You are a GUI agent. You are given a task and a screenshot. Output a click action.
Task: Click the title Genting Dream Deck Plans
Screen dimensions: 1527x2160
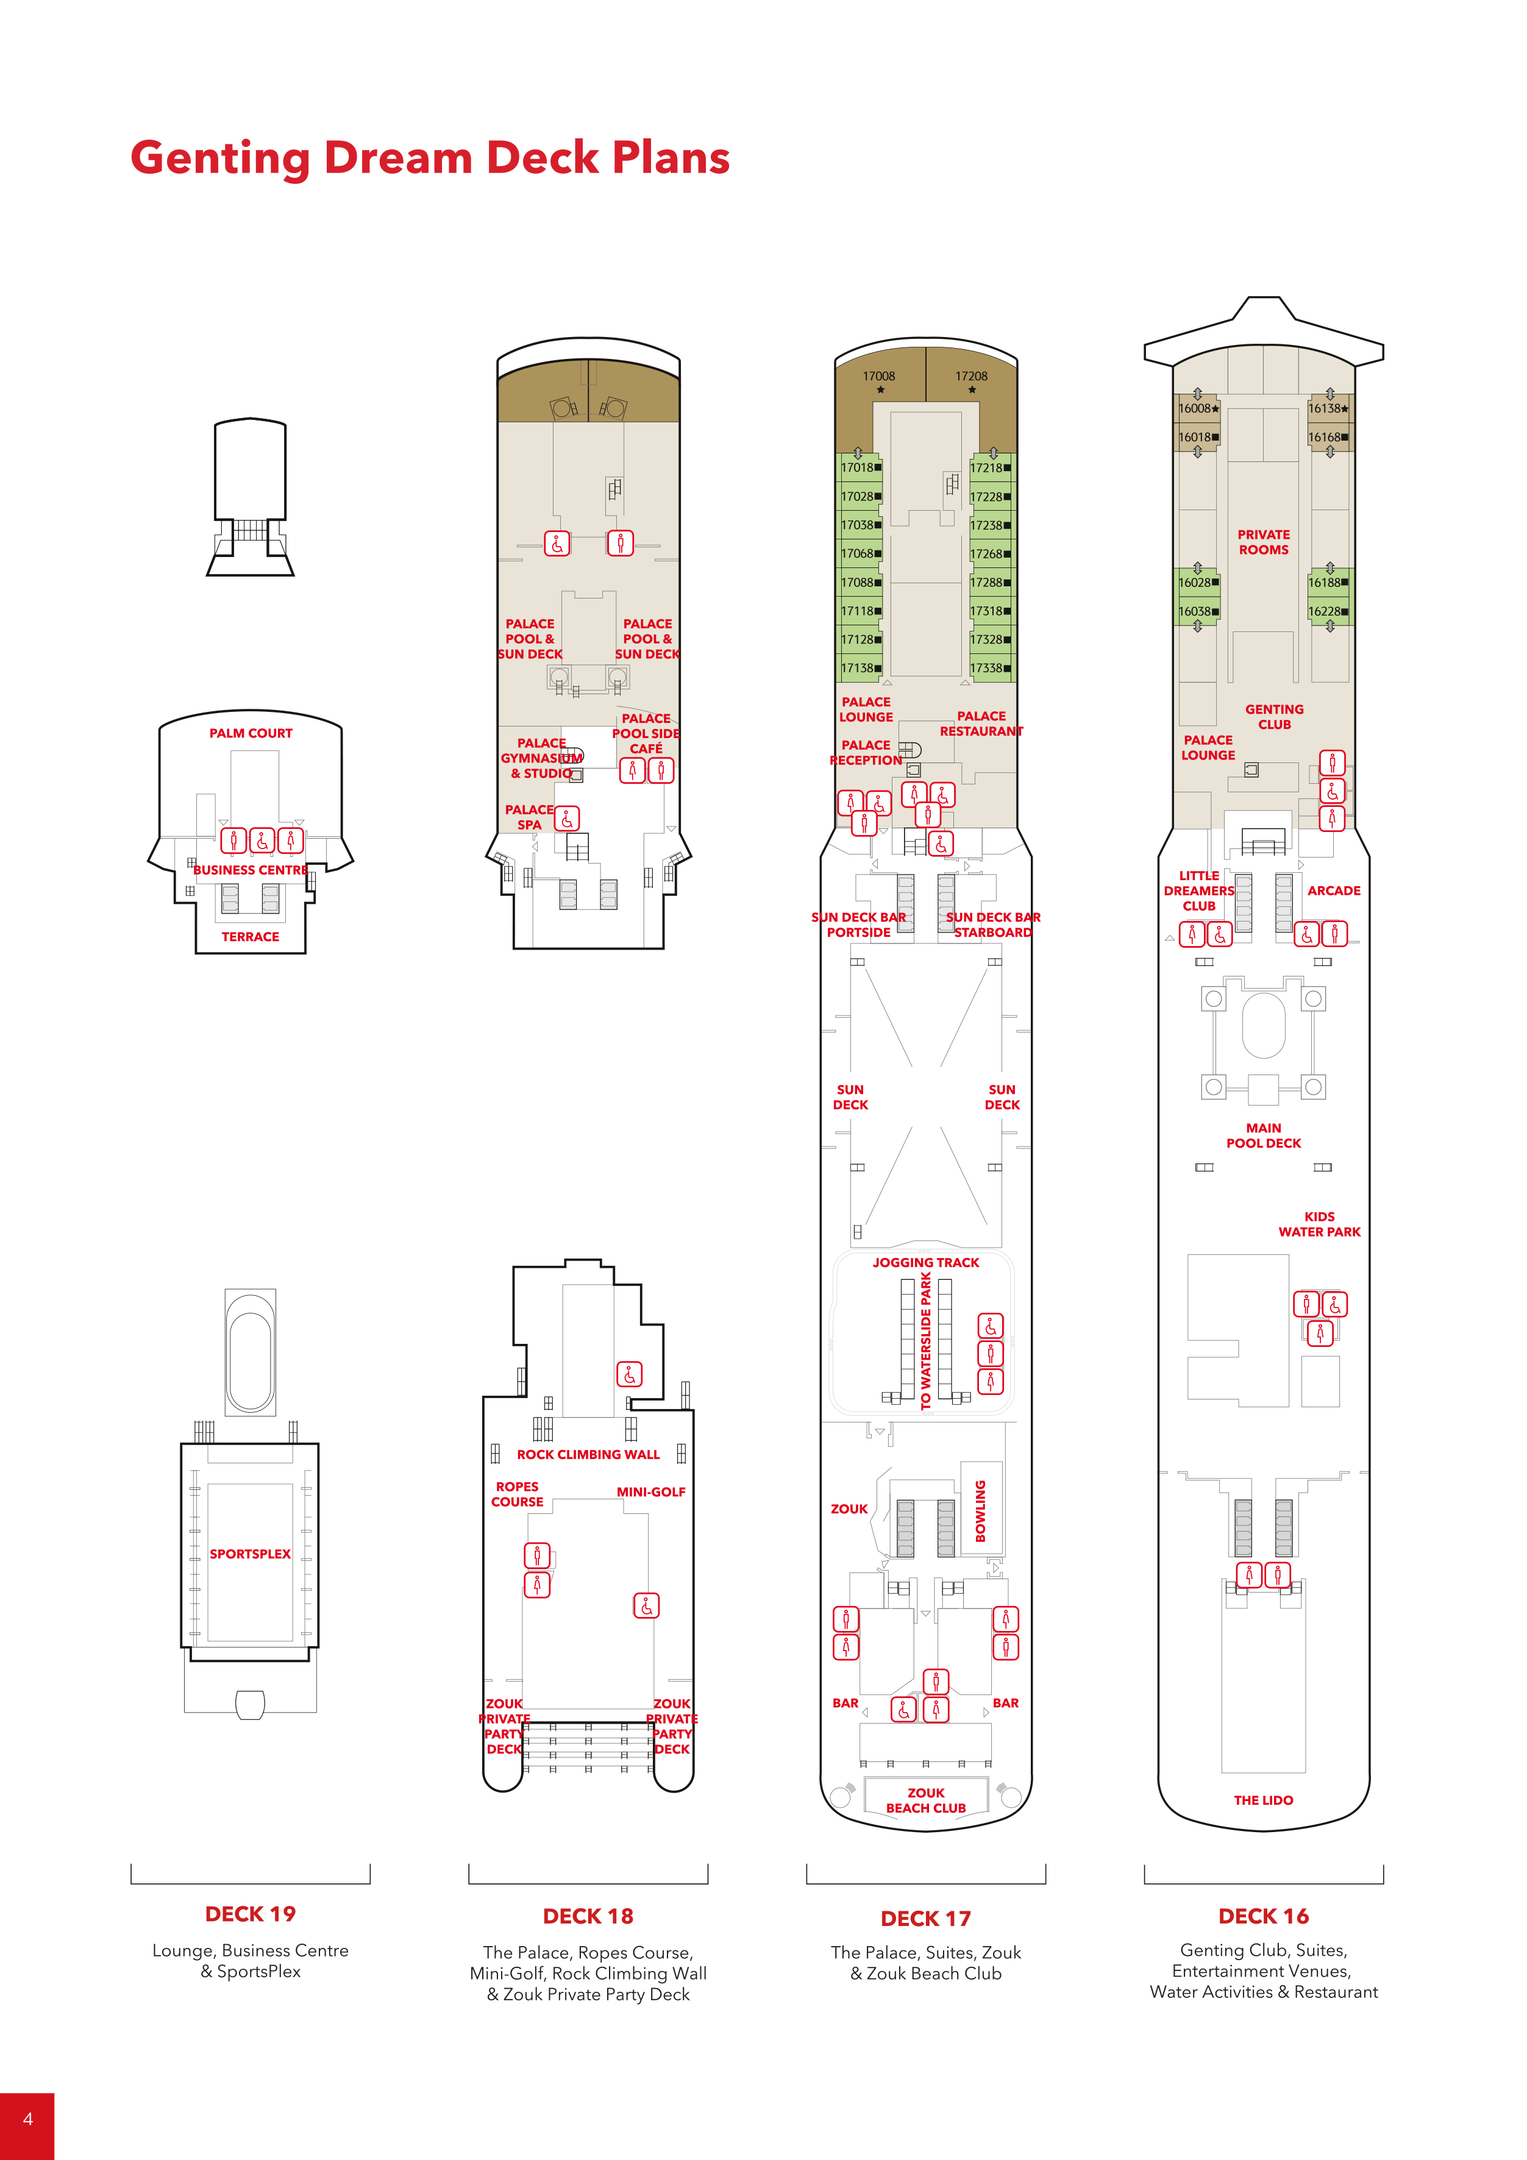pos(430,158)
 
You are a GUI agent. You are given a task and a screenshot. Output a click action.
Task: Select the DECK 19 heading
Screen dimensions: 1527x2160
pos(251,1914)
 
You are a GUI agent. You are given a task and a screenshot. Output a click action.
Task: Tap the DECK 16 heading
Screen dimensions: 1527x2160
pos(1264,1916)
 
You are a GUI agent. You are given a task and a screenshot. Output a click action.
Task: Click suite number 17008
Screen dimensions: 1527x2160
pos(879,376)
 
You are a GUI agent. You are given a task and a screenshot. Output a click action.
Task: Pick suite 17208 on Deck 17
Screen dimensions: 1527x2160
pos(971,376)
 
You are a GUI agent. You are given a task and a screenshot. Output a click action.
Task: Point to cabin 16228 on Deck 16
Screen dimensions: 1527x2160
pos(1324,611)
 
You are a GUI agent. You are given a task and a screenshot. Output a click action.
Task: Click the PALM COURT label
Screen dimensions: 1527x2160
pos(251,733)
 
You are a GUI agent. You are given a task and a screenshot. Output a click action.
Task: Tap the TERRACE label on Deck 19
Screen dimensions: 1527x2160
pos(251,937)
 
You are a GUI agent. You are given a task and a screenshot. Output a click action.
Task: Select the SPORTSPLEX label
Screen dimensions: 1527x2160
pos(251,1554)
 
